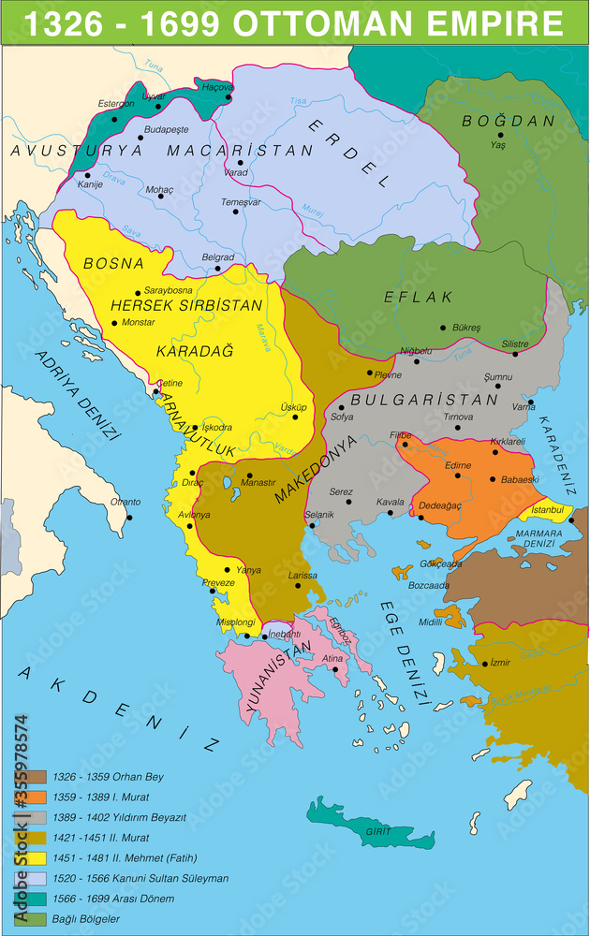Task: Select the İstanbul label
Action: (545, 509)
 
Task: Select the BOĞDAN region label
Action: (496, 122)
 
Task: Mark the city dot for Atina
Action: (335, 669)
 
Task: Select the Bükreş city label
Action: (465, 328)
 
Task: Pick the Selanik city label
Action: (319, 515)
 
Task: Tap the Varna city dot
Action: (530, 402)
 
